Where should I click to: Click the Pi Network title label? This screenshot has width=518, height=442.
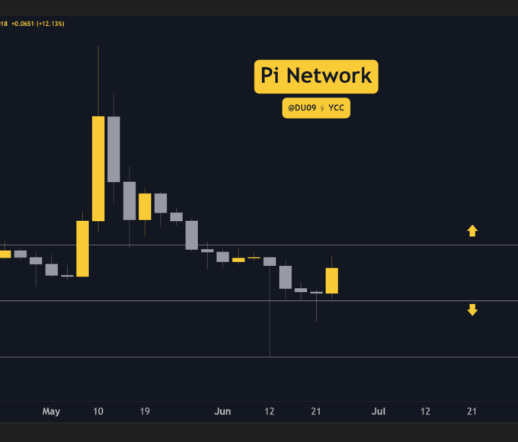[x=316, y=77]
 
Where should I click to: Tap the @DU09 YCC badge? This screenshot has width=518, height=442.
[x=316, y=109]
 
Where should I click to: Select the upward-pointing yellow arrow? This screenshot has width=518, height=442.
[x=472, y=230]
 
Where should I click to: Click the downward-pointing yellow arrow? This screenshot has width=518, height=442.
[x=472, y=309]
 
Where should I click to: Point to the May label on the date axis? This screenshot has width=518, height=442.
[x=51, y=412]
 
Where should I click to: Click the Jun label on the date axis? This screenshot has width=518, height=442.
[x=222, y=412]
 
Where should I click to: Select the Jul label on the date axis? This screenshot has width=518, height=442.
[x=379, y=412]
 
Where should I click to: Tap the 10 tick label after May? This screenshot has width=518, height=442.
[x=98, y=412]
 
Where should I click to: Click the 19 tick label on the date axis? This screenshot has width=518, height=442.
[x=145, y=412]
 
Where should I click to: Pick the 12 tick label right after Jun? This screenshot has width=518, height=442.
[x=270, y=412]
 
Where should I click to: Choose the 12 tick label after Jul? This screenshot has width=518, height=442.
[x=425, y=412]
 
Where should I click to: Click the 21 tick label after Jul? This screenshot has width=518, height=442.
[x=472, y=412]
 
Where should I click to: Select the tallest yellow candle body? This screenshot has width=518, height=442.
[x=98, y=168]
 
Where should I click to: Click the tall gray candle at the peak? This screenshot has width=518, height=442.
[x=114, y=149]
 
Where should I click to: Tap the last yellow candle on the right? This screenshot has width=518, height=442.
[x=332, y=280]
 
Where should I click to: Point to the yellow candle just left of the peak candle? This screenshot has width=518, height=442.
[x=82, y=248]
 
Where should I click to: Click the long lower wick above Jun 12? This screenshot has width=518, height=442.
[x=270, y=312]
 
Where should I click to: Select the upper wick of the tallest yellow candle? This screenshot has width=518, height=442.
[x=98, y=80]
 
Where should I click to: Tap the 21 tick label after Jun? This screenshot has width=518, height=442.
[x=316, y=412]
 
